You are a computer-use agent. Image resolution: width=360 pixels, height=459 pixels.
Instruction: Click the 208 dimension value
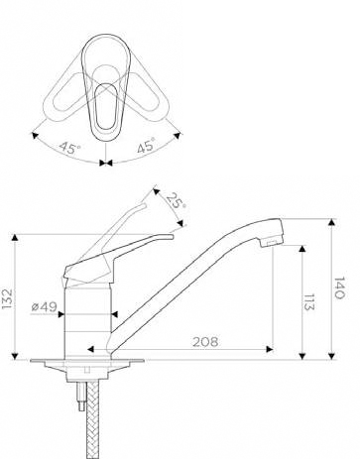[x=205, y=342]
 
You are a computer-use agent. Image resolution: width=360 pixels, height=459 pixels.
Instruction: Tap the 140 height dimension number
[x=339, y=288]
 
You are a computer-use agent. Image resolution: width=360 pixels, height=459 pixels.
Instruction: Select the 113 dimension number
[x=309, y=302]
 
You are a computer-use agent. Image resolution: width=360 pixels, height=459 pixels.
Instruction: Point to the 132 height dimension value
[x=7, y=298]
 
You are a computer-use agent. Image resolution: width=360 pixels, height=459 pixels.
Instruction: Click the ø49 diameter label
[x=45, y=307]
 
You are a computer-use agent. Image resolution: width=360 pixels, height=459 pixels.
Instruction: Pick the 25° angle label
[x=176, y=200]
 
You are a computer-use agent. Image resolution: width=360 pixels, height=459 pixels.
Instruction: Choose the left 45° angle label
[x=69, y=148]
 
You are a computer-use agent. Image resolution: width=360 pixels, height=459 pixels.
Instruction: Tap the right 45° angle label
[x=146, y=146]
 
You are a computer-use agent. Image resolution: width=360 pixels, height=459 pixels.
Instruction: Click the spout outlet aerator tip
[x=271, y=244]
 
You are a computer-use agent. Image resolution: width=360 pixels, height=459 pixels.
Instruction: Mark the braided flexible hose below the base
[x=93, y=419]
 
